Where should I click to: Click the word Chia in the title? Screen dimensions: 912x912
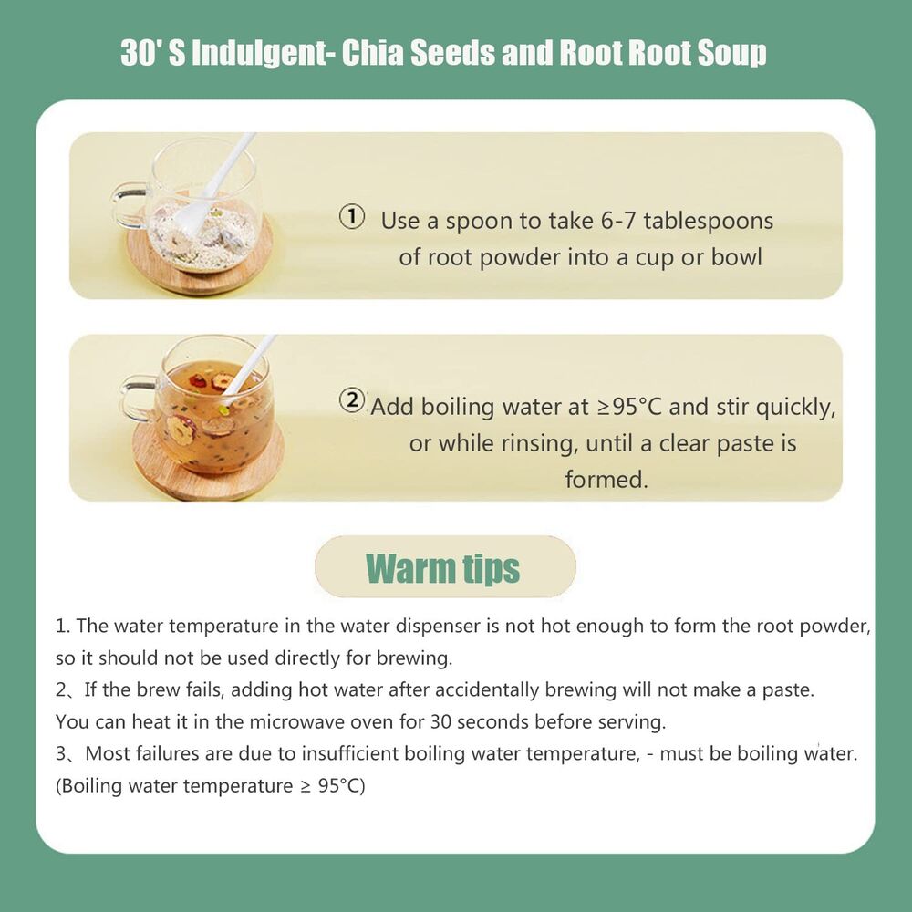click(x=372, y=53)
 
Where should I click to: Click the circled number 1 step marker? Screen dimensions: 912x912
click(x=352, y=217)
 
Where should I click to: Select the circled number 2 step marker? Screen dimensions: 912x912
click(x=352, y=400)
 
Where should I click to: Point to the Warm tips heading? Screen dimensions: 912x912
click(x=442, y=568)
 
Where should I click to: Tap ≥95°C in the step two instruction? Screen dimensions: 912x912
click(x=630, y=407)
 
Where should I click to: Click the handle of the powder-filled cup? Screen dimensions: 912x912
click(x=130, y=204)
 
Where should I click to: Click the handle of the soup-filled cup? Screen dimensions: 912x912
click(x=138, y=398)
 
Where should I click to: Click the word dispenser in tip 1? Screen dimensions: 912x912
click(x=432, y=627)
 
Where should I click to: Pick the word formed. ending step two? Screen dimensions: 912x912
click(x=606, y=480)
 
